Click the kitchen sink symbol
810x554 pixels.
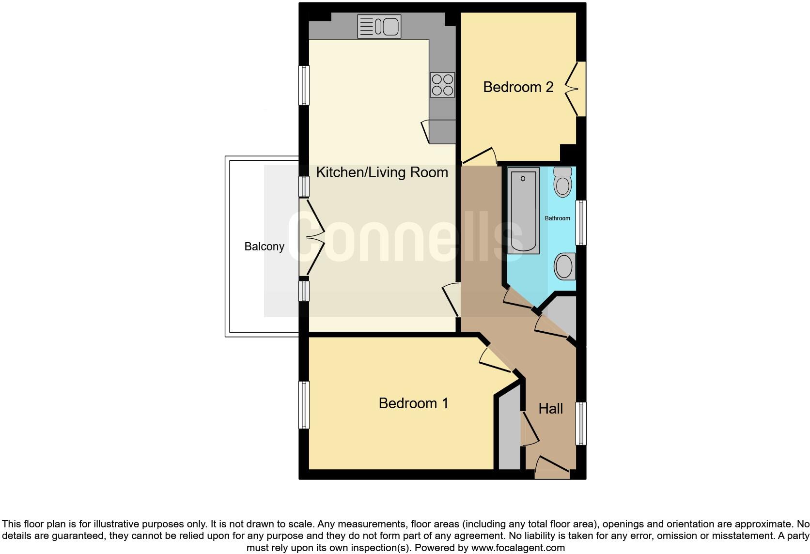379,26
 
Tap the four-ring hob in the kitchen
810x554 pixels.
442,85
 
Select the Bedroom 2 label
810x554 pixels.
518,87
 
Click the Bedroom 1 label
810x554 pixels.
413,403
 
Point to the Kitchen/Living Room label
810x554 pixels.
382,172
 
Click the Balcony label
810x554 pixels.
264,246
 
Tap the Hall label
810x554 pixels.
550,409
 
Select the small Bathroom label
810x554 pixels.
557,218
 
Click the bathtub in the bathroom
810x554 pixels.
523,211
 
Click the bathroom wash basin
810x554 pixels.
564,266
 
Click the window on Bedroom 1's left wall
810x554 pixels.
304,405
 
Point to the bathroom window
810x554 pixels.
581,223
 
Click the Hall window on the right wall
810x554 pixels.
581,423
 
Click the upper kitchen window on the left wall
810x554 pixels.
304,85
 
